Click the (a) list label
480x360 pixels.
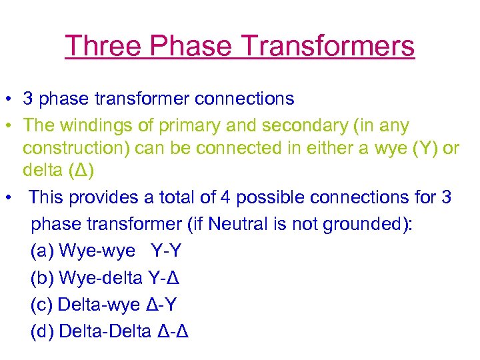coord(42,251)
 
